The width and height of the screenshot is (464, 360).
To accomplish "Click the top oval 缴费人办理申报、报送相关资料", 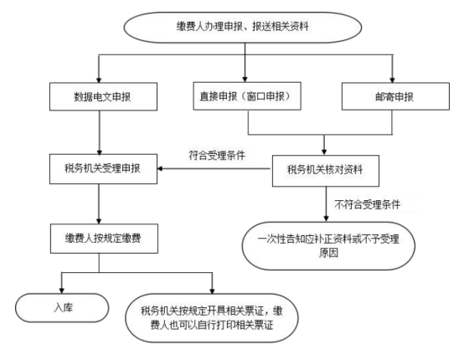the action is coord(243,28).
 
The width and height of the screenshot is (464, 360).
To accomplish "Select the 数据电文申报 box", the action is coord(103,97).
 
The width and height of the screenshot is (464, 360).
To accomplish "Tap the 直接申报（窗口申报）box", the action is coord(247,96).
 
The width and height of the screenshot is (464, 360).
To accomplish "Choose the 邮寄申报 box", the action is coord(395,96).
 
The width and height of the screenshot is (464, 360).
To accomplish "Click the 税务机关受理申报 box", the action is coord(103,169).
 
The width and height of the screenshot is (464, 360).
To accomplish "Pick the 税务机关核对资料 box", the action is coord(326,171).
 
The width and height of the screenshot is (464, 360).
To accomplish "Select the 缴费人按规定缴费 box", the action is coord(104,239).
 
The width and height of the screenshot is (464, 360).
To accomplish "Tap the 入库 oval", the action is coord(62,307).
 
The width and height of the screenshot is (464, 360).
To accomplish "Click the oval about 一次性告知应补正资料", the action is coord(328,246).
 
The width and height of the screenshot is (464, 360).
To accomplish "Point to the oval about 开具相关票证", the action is coord(212,318).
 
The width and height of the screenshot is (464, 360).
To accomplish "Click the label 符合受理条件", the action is coord(217,155).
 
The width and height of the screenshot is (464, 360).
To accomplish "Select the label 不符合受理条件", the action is coord(367,204).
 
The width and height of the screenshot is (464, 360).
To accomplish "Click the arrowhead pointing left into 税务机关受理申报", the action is coord(160,168).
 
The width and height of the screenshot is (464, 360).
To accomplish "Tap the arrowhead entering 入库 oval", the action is coord(61,290).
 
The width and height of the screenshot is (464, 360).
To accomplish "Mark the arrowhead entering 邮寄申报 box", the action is coord(392,80).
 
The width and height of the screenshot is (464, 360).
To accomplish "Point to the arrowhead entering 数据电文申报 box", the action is coord(99,80).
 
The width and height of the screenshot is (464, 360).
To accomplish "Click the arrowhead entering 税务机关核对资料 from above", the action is coord(324,152).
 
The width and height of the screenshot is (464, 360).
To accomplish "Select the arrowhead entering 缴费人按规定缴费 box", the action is coord(99,221).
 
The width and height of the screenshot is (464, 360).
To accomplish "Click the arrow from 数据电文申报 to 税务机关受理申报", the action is coord(100,132).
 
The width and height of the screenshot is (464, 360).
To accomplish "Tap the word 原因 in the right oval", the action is coord(328,253).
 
